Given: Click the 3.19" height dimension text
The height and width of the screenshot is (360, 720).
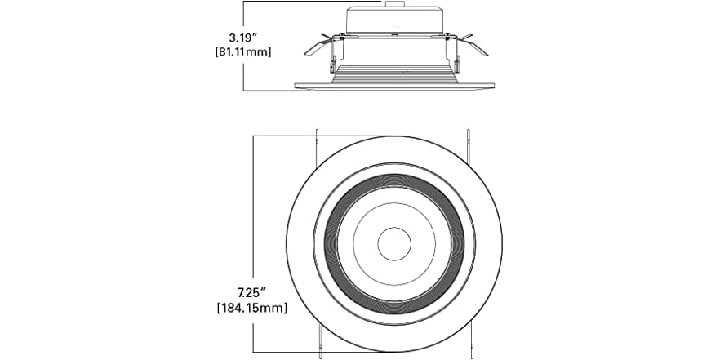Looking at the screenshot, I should click(244, 37).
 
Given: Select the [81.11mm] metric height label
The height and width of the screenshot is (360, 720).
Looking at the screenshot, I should click(244, 52).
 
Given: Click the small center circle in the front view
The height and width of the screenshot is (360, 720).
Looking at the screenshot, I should click(393, 242).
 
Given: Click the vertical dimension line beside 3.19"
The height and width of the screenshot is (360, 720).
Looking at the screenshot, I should click(244, 73).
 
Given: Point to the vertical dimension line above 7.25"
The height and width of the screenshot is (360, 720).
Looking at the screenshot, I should click(254, 204).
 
